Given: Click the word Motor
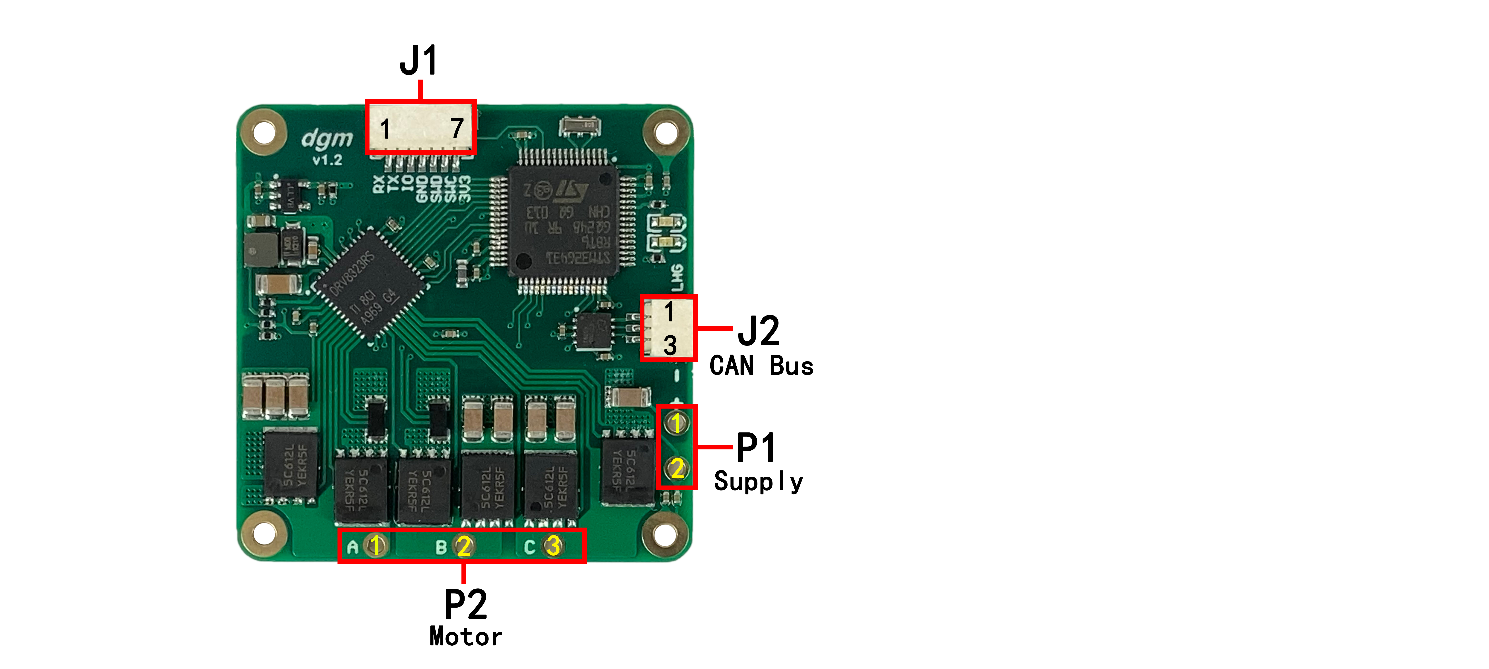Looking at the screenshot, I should click(x=465, y=637).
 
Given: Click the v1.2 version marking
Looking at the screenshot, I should click(x=327, y=160).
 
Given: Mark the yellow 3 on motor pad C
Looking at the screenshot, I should click(x=553, y=545).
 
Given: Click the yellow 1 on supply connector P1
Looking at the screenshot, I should click(x=676, y=423).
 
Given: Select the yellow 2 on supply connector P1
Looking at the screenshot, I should click(x=677, y=468).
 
